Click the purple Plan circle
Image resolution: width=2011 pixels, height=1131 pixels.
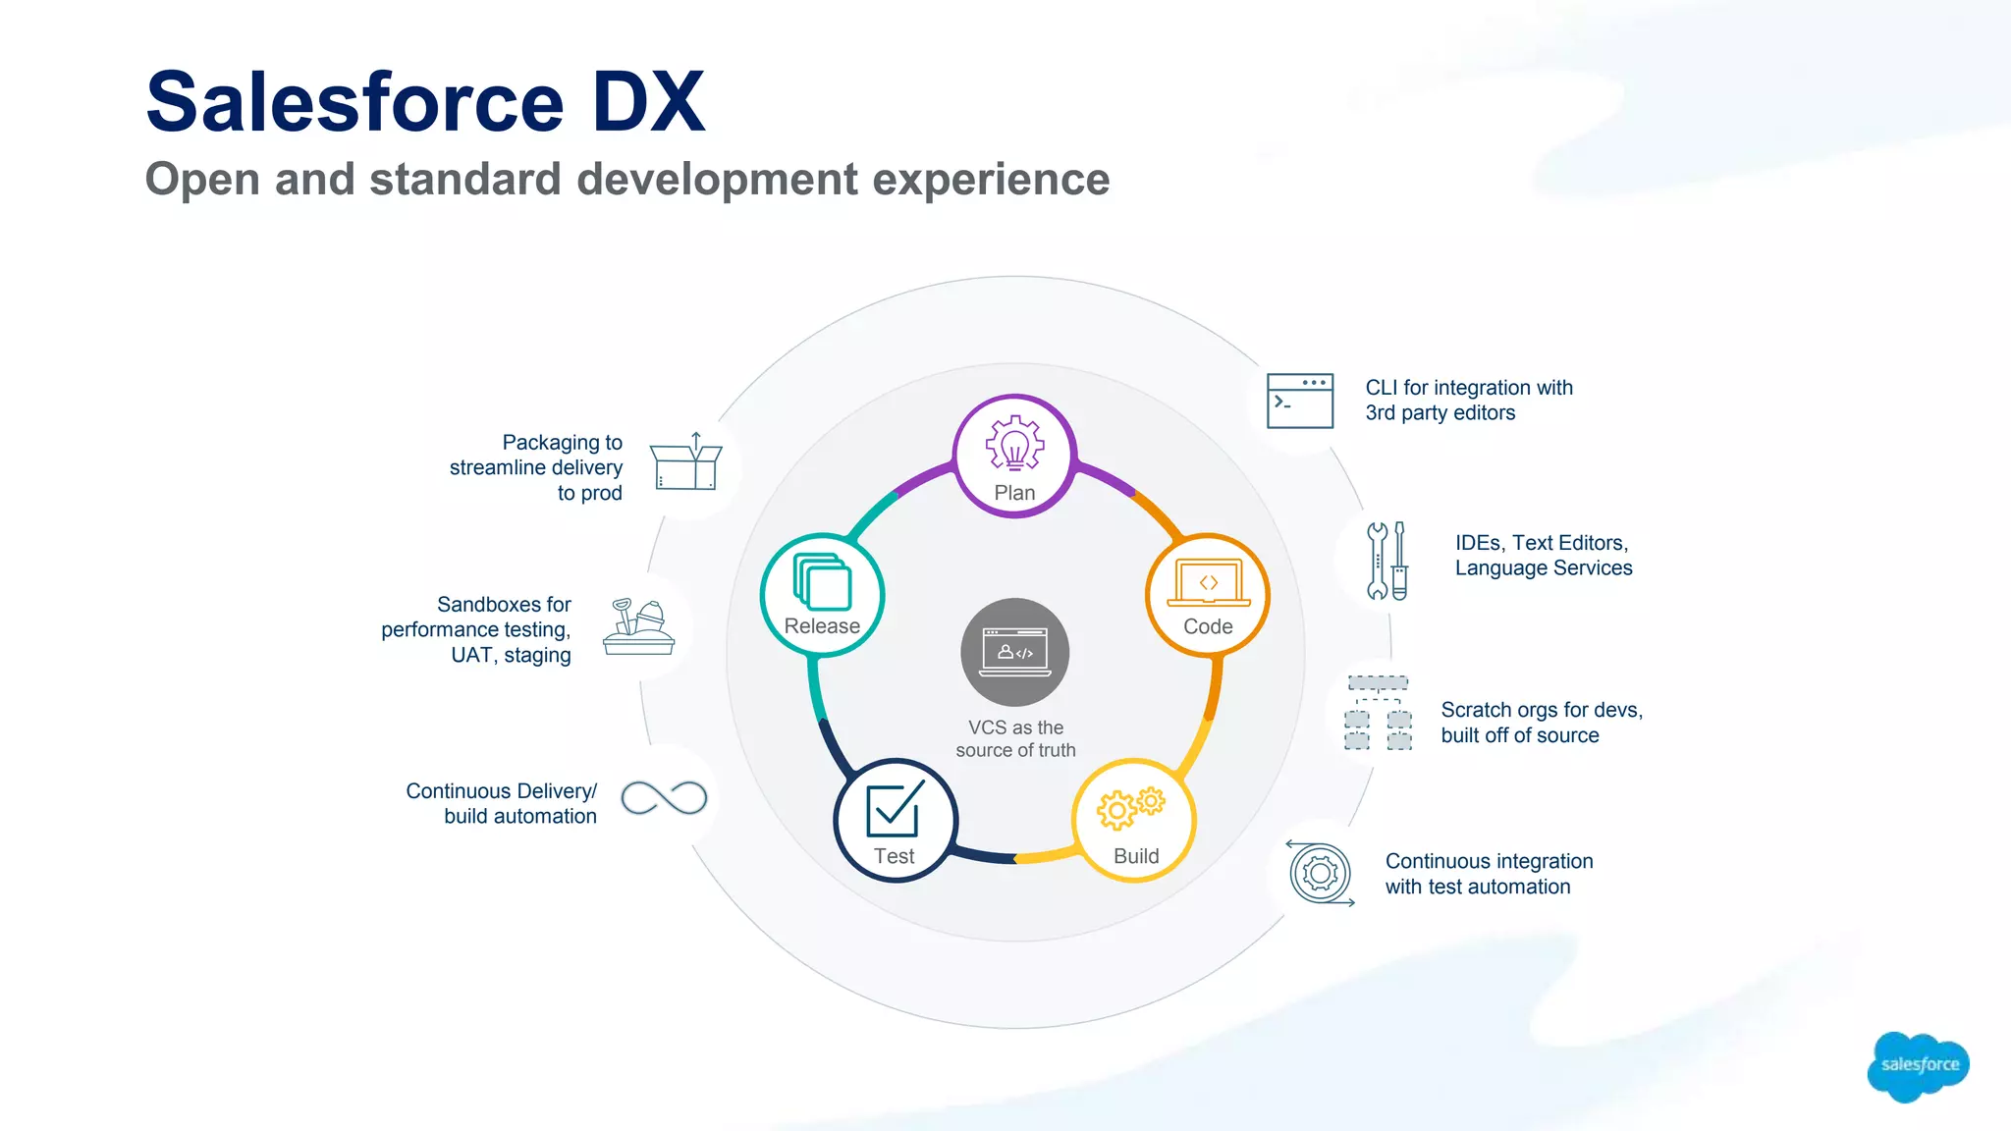(1014, 456)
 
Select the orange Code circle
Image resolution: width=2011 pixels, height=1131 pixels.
(1208, 595)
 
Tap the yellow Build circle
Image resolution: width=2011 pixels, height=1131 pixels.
(1135, 821)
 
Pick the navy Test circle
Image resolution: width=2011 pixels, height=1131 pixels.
(895, 821)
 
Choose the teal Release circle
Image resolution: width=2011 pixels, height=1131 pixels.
(822, 595)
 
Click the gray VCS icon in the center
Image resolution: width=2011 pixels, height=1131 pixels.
(1015, 651)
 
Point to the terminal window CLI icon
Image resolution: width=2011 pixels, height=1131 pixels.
(1300, 401)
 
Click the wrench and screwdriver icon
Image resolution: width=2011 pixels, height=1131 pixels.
(1386, 561)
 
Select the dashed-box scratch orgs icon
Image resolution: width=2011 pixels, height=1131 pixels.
(1378, 713)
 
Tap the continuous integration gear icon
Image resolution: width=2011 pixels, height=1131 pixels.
(1321, 873)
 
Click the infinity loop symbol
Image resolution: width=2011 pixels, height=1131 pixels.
(665, 798)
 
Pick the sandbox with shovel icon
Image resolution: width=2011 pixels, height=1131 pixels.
(638, 627)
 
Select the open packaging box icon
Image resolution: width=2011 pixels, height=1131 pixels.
(686, 462)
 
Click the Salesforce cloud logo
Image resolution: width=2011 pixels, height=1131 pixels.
(1918, 1065)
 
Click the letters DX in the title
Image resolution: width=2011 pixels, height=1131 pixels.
(648, 102)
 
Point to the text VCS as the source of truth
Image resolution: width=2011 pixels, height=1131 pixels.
(1015, 738)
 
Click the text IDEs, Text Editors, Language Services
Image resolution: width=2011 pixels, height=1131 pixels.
(1543, 556)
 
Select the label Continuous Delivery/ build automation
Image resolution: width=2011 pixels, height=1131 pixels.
(502, 803)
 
